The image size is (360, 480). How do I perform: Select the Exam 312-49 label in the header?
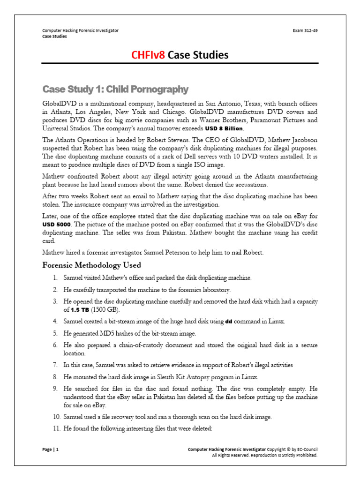coord(305,30)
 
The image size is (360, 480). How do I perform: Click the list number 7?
coord(55,365)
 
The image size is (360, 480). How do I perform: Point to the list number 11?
coord(54,428)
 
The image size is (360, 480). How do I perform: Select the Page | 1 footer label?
coord(51,449)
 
